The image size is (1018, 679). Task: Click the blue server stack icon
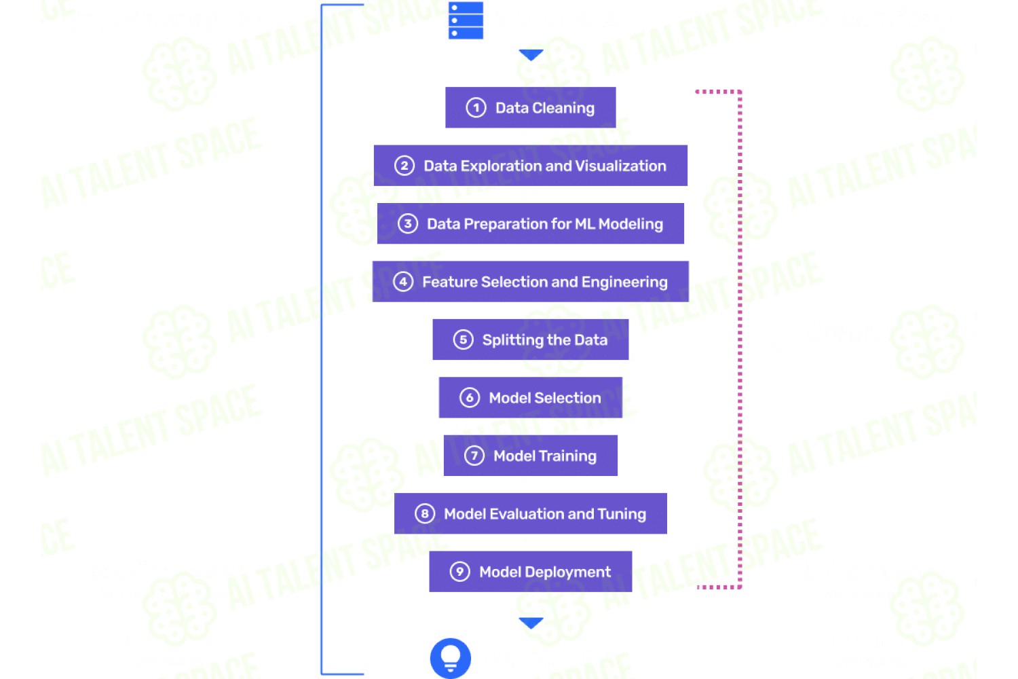466,20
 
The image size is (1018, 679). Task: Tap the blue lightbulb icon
451,658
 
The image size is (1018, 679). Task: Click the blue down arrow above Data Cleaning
531,55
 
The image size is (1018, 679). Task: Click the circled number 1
476,108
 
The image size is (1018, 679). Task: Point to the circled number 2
404,166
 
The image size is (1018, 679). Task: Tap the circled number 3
408,224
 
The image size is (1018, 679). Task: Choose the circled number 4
403,282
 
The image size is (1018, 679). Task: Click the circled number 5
463,339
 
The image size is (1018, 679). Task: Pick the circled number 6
470,397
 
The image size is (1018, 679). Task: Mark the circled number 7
474,456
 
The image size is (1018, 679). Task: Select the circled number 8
424,514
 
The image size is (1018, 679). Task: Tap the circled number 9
459,572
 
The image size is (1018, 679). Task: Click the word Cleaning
563,109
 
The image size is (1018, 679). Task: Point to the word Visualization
621,166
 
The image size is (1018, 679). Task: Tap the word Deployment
567,572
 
